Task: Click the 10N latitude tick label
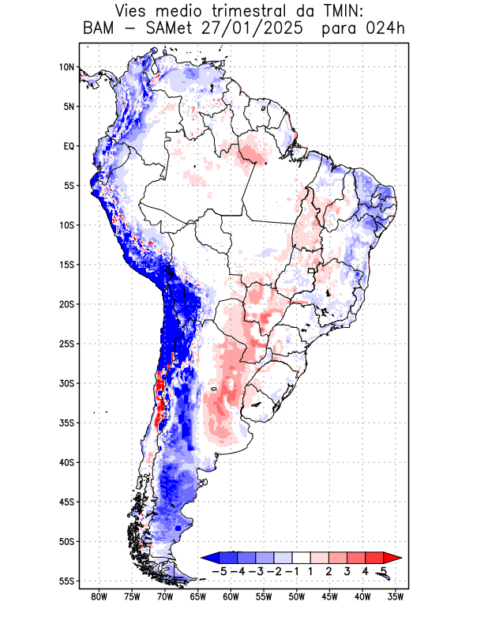click(x=66, y=67)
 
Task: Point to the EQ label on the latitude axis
click(x=68, y=146)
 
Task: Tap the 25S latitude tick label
click(x=66, y=344)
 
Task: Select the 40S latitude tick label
click(x=66, y=462)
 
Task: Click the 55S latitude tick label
click(x=66, y=581)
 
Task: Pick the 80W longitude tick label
click(x=99, y=597)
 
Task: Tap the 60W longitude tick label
click(x=231, y=597)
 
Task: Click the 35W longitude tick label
click(x=396, y=597)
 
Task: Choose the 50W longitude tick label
click(x=297, y=597)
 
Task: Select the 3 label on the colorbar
click(x=347, y=570)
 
